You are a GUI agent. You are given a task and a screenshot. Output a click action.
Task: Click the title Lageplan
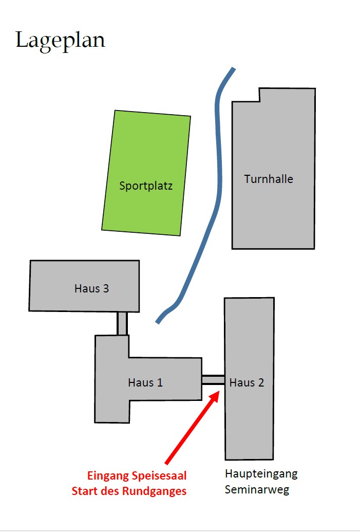60,40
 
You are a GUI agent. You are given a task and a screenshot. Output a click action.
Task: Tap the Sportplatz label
146,186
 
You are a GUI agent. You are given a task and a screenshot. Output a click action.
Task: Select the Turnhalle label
269,179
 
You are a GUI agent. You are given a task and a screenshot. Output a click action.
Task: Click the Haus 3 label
91,288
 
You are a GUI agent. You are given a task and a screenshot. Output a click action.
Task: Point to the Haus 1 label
145,382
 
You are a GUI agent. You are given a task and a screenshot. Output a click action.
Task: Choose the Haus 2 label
247,382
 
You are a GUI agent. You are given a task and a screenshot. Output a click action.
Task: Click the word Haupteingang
261,473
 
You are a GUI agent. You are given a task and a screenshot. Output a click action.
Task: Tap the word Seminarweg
257,489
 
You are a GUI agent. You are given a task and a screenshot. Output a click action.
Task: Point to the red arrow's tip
220,392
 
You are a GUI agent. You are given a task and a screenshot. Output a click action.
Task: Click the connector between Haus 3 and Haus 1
122,323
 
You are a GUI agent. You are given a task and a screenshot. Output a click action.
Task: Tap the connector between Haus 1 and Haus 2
213,379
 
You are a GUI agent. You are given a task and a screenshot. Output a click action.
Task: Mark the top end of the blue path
233,69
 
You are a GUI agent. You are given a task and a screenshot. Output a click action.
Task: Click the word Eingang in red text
107,475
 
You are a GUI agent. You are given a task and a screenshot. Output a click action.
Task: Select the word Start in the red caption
83,491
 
